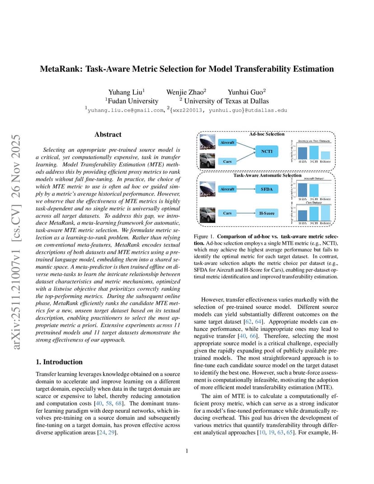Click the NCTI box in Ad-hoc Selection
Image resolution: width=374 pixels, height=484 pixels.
[x=266, y=151]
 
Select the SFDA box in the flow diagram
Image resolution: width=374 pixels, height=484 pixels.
[x=266, y=189]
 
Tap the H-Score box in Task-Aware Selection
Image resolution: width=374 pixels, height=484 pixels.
[x=266, y=213]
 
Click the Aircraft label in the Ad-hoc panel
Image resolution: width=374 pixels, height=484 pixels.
[x=227, y=142]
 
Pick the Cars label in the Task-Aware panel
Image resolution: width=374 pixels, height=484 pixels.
[x=227, y=213]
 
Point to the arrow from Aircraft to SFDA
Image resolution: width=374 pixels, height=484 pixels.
[x=246, y=189]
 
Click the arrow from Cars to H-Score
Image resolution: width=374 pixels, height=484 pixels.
[x=246, y=213]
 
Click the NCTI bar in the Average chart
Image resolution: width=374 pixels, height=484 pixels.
[x=313, y=153]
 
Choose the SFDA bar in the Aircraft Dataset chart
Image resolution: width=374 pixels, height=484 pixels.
[x=303, y=189]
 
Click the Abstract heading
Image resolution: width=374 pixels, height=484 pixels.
[x=108, y=135]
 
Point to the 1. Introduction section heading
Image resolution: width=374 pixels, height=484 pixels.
[x=59, y=362]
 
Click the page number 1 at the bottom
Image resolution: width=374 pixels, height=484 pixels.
[x=187, y=451]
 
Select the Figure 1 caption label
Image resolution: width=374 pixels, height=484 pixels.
[x=204, y=237]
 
